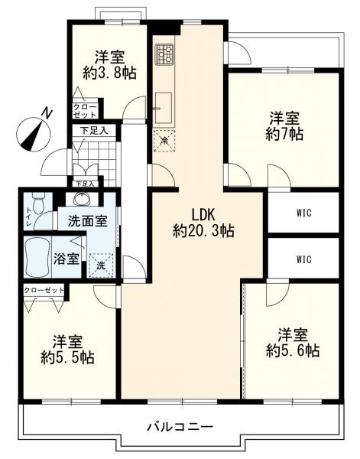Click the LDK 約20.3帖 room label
tap(203, 223)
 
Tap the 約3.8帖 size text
tap(109, 73)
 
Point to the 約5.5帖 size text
tap(67, 357)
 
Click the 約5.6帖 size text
tap(293, 350)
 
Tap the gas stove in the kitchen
tap(164, 54)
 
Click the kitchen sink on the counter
tap(163, 108)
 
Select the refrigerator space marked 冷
tap(164, 141)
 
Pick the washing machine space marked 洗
tap(101, 265)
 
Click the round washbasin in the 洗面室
tap(83, 200)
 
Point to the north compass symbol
tap(34, 135)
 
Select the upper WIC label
tap(304, 213)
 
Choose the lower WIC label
tap(304, 259)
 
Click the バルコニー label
tap(180, 427)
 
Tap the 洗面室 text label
tap(88, 221)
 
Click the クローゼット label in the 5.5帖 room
tap(44, 290)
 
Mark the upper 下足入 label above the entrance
tap(94, 131)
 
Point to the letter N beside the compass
tap(46, 113)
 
